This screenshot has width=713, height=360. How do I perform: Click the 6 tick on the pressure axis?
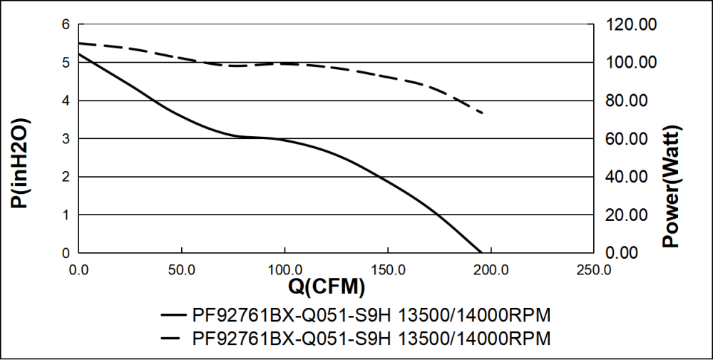coord(66,25)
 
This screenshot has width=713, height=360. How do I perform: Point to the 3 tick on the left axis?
coord(66,139)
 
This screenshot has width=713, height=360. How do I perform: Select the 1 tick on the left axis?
coord(66,215)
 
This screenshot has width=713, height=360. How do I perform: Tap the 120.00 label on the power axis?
coord(631,25)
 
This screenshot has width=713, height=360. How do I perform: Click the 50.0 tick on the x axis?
coord(182,269)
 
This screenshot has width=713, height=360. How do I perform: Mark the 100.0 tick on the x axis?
coord(285,269)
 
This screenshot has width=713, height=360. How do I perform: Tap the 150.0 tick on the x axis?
coord(388,269)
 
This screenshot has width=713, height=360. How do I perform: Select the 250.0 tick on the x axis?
coord(594,269)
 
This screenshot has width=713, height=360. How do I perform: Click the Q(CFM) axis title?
coord(327,287)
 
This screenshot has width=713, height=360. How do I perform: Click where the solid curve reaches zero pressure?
coord(482,252)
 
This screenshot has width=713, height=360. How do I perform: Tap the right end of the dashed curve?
coord(484,113)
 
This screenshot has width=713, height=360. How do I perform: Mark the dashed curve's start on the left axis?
coord(78,43)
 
